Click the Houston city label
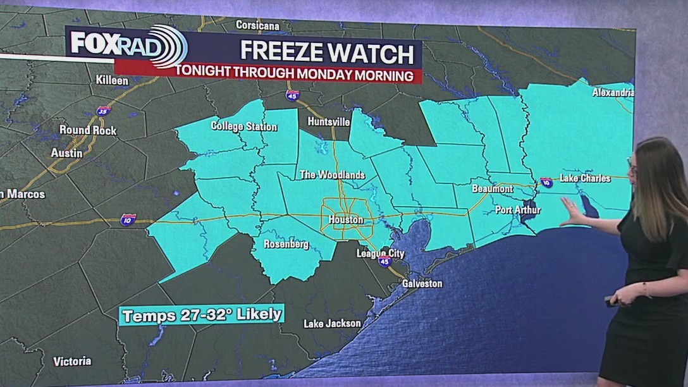346,219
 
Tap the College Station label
244,126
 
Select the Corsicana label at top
258,25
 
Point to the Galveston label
422,283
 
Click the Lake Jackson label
332,323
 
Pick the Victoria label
72,362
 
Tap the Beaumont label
493,188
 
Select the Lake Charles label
585,178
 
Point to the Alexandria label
613,92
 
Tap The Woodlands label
332,175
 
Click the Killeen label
112,80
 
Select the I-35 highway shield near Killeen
104,111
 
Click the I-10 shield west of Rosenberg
128,220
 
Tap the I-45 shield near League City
384,261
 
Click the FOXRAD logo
126,44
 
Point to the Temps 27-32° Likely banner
202,315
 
